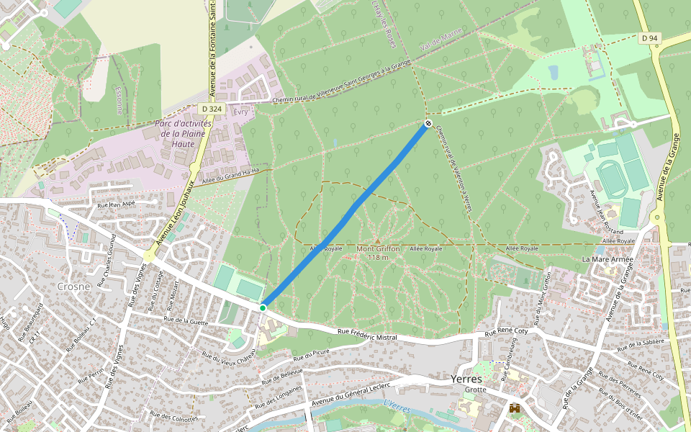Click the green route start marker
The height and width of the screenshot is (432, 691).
pyautogui.click(x=263, y=308)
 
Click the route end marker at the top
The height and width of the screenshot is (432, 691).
pyautogui.click(x=428, y=124)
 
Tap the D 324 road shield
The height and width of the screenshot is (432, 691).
pyautogui.click(x=212, y=109)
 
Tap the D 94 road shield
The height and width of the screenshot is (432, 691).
pyautogui.click(x=649, y=37)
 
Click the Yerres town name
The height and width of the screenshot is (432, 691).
pyautogui.click(x=466, y=379)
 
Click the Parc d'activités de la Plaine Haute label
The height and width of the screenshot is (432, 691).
pyautogui.click(x=180, y=133)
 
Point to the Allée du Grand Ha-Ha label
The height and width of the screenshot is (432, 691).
pyautogui.click(x=235, y=175)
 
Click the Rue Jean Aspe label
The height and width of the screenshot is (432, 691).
pyautogui.click(x=116, y=204)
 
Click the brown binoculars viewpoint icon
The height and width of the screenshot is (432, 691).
pyautogui.click(x=515, y=408)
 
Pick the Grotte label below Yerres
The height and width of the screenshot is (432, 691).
pyautogui.click(x=475, y=390)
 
